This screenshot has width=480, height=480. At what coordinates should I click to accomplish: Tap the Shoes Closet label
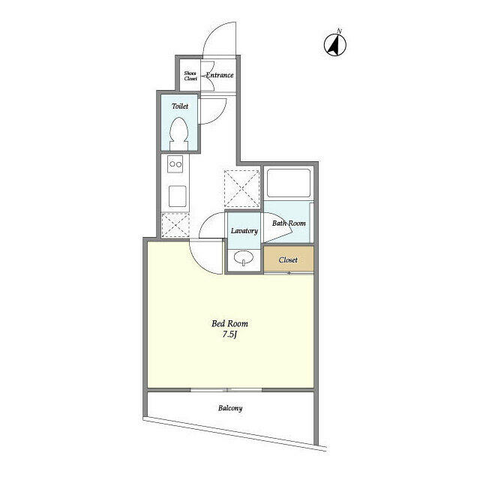[191, 75]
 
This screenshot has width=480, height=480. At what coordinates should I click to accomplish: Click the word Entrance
[220, 75]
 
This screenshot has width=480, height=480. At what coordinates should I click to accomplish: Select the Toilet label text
[180, 106]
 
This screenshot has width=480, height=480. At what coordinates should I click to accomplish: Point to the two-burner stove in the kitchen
[175, 164]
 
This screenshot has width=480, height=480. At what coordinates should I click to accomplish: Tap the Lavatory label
[244, 231]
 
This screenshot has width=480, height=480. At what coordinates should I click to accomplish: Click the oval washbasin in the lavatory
[244, 259]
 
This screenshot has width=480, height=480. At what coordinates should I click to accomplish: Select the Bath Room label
[289, 223]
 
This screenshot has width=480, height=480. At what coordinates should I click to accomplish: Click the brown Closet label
[288, 259]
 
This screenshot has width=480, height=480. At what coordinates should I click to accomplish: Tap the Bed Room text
[229, 324]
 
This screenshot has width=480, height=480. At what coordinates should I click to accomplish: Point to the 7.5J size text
[229, 335]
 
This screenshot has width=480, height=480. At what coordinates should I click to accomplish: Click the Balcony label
[230, 409]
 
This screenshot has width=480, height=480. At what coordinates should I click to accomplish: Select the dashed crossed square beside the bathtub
[241, 185]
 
